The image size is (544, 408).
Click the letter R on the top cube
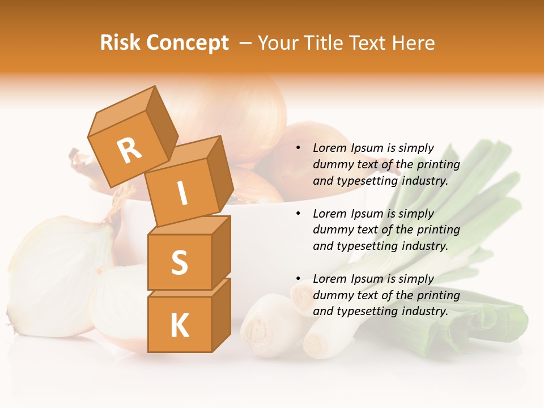[129, 151]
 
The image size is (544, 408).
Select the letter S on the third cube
[179, 263]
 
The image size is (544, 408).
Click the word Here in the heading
[414, 42]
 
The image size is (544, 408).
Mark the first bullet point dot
[298, 148]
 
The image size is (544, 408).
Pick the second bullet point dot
[298, 214]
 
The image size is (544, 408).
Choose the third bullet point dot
[298, 279]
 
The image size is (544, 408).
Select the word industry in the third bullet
[424, 311]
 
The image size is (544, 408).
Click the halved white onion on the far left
[57, 272]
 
